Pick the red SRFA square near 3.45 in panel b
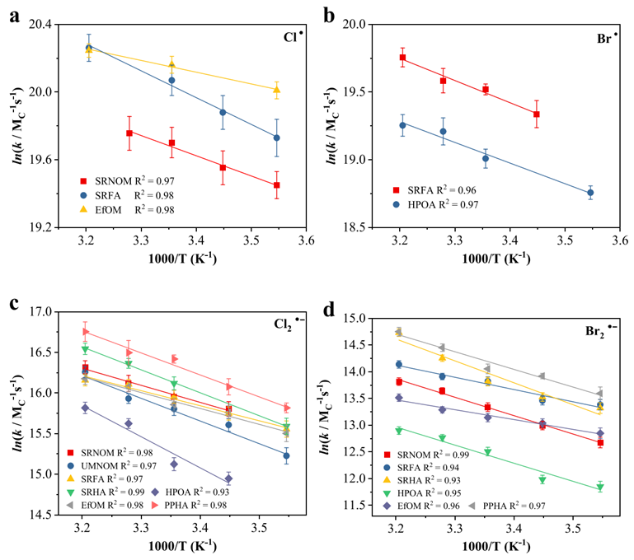pyautogui.click(x=536, y=114)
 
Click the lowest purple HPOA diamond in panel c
pyautogui.click(x=228, y=478)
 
